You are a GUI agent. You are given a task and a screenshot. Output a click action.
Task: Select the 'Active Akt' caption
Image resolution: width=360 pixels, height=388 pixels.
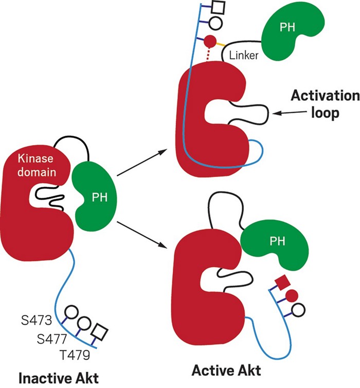226,370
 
